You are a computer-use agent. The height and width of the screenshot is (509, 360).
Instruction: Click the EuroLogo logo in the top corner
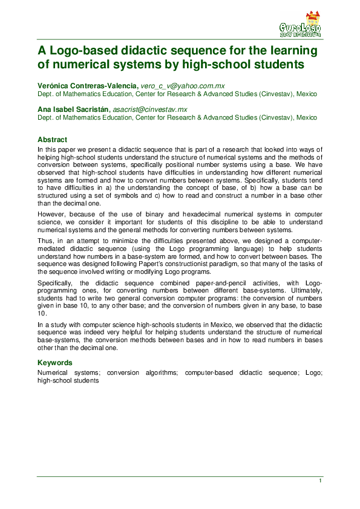[x=300, y=25]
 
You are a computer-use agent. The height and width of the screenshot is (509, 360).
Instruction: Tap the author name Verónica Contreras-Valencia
[x=82, y=86]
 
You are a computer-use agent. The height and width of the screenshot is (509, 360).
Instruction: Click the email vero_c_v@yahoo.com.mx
[x=182, y=86]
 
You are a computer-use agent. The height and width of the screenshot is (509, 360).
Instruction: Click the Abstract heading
[x=52, y=140]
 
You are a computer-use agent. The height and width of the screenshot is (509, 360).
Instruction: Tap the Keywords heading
[x=55, y=363]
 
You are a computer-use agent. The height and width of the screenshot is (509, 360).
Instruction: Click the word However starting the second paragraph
[x=51, y=214]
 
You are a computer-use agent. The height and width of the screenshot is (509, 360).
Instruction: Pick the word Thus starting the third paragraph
[x=45, y=241]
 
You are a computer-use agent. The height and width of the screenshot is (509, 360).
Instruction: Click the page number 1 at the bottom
[x=319, y=481]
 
